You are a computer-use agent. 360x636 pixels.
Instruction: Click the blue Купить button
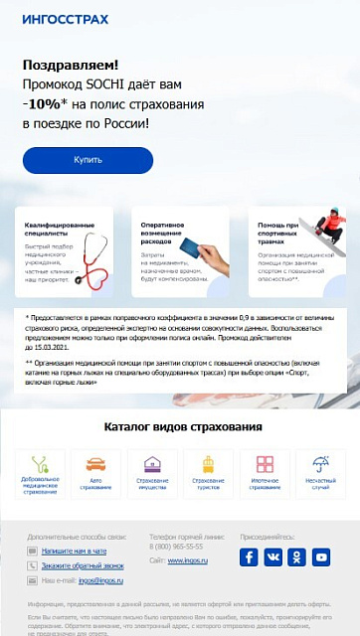pyautogui.click(x=88, y=160)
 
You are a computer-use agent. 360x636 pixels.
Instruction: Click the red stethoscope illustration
pyautogui.click(x=96, y=260)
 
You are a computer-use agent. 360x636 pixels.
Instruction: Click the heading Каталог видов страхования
pyautogui.click(x=183, y=427)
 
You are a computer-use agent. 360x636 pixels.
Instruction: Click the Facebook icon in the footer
pyautogui.click(x=249, y=557)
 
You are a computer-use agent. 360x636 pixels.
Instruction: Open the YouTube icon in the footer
pyautogui.click(x=320, y=557)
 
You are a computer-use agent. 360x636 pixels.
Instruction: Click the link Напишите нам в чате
pyautogui.click(x=74, y=551)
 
